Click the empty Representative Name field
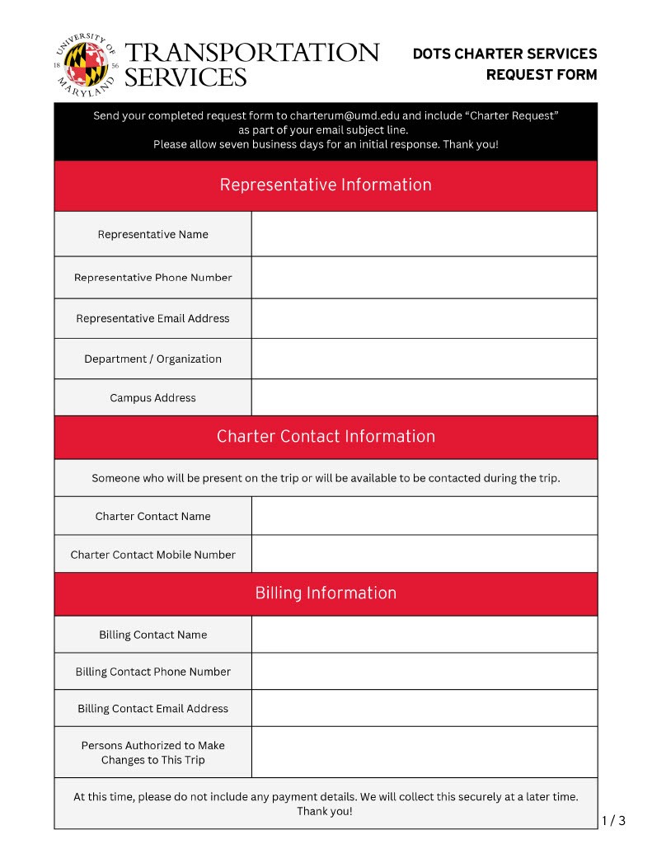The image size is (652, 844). point(424,234)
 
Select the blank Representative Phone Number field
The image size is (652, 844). point(424,278)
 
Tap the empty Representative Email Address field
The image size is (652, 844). point(424,318)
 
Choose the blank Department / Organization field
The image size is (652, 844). point(424,359)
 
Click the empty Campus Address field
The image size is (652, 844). point(424,397)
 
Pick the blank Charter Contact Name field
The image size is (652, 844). point(424,516)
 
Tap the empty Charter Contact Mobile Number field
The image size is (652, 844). point(424,554)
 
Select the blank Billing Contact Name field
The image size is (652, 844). point(424,635)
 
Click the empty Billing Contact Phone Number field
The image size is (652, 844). point(424,672)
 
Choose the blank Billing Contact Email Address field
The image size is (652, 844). point(424,708)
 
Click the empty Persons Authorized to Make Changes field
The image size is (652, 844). point(424,753)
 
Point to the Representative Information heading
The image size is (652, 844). point(326,185)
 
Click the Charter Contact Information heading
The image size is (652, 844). point(326,437)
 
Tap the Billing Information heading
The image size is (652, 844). point(326,593)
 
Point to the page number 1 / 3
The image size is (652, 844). point(613,820)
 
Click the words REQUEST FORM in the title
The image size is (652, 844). point(541,75)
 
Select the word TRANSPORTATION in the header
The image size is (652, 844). point(251,54)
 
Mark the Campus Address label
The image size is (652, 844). point(152,398)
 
